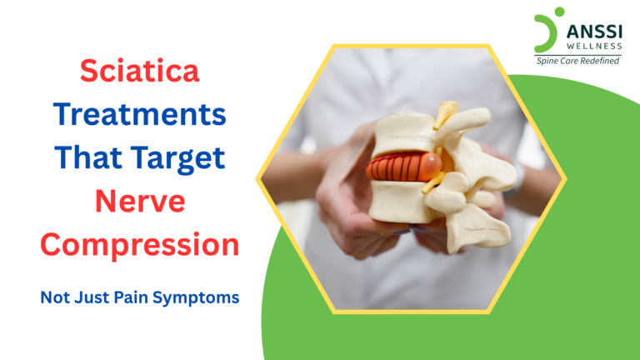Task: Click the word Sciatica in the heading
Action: pos(140,72)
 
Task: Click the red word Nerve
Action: pos(140,201)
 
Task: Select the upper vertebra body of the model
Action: pos(400,133)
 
